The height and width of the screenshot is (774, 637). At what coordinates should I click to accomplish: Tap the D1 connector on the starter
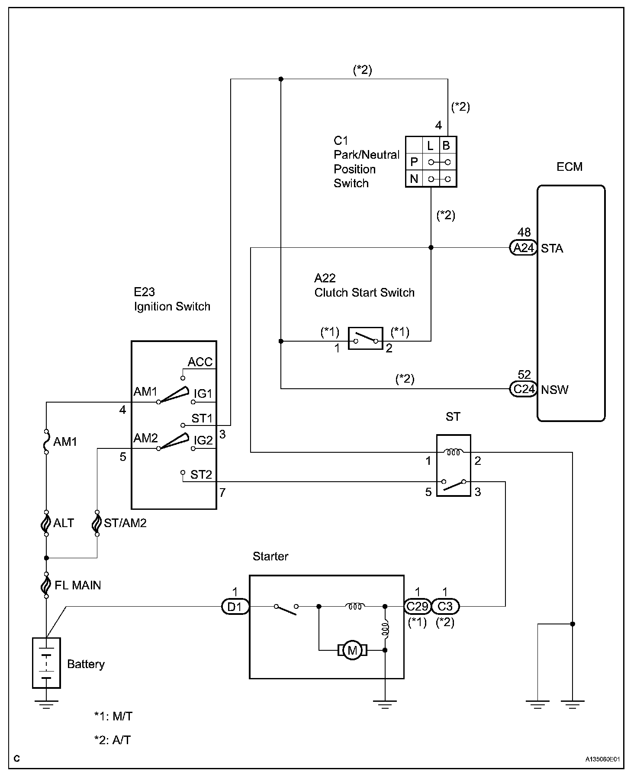click(235, 607)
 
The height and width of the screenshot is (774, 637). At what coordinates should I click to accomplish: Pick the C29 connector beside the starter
click(417, 607)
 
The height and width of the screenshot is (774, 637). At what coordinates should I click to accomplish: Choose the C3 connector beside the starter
click(445, 607)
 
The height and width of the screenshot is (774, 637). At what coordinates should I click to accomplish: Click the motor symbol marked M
click(352, 649)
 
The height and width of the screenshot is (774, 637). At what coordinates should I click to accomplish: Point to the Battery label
click(86, 664)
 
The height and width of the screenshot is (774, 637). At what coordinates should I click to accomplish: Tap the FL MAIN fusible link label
click(77, 585)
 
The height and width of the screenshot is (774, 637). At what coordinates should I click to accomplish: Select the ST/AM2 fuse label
click(125, 523)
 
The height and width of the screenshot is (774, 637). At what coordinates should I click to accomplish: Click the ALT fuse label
click(64, 523)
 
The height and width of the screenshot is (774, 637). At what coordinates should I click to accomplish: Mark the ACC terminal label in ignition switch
click(200, 362)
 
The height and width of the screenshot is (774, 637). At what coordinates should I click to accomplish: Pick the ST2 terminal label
click(201, 475)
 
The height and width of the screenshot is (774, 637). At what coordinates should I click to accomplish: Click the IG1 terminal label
click(203, 394)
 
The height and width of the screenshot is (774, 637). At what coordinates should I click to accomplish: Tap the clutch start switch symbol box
click(366, 338)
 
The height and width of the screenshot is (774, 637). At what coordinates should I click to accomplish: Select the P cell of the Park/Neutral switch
click(414, 162)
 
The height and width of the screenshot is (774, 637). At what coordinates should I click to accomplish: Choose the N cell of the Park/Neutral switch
click(414, 179)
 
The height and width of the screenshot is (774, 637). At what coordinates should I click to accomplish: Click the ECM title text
click(569, 167)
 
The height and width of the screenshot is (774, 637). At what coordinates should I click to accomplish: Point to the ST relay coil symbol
click(453, 452)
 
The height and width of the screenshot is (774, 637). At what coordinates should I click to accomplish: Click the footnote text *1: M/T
click(113, 716)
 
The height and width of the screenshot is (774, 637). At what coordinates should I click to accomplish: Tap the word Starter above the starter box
click(270, 556)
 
